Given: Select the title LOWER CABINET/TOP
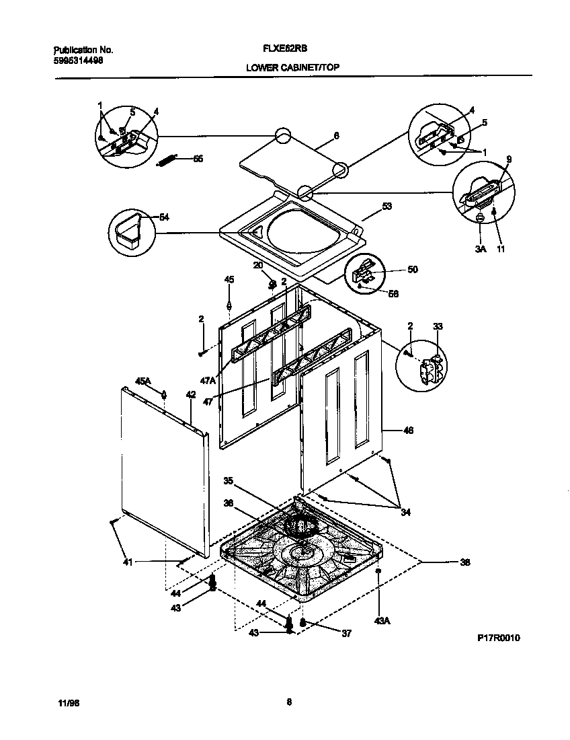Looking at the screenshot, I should [287, 68].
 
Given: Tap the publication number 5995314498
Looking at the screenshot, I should [77, 59].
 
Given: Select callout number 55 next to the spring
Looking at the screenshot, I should [198, 159].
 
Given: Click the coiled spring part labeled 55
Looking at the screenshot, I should [169, 159].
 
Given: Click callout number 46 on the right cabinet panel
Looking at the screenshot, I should [407, 430].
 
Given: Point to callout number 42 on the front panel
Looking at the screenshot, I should [191, 395].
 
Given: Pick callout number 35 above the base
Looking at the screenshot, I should [229, 481].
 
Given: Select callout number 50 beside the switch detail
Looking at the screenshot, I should [413, 269].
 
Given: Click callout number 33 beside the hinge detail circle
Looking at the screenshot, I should [438, 326].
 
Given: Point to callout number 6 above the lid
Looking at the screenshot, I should [336, 135].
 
